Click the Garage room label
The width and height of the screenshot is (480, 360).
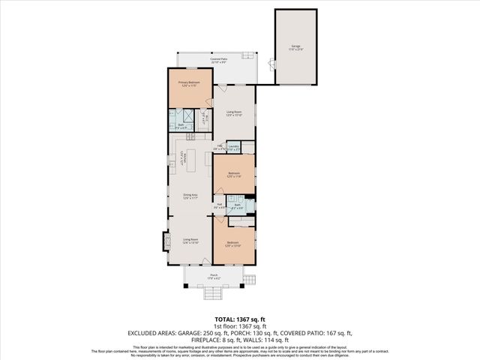(295, 46)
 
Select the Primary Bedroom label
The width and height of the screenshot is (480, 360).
(186, 85)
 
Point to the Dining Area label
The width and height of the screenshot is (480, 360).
(190, 196)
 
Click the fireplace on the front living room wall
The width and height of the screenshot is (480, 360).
(166, 242)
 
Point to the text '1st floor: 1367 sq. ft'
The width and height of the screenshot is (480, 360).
(239, 326)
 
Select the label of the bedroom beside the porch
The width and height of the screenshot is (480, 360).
(233, 243)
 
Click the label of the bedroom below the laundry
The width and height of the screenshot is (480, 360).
(233, 177)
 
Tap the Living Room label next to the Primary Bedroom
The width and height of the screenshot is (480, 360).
(235, 114)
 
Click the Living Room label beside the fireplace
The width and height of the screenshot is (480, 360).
(190, 241)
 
